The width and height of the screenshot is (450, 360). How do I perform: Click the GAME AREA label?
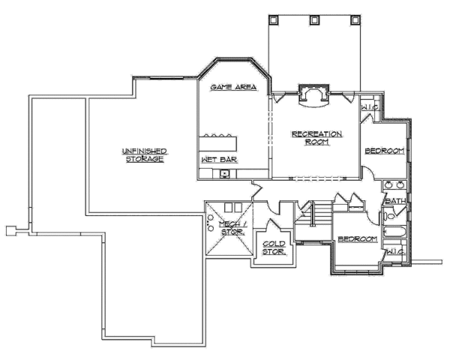pos(233,87)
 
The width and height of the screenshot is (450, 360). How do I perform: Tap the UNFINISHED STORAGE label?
pos(145,155)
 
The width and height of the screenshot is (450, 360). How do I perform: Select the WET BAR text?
pos(220,160)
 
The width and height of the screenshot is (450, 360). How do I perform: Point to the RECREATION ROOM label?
pos(316,138)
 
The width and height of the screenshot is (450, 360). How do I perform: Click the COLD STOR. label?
pos(274,248)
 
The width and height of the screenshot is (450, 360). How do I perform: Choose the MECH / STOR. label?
pos(232,228)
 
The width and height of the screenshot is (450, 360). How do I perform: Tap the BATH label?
pos(395,201)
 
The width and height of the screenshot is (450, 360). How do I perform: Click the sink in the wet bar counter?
pos(224,173)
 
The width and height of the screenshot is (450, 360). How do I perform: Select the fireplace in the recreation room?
pos(313,96)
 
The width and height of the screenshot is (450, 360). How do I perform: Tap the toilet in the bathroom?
pos(388,216)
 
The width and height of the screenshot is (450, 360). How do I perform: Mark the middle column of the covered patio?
pos(314,19)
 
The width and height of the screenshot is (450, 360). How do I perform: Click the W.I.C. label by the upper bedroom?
pos(370,107)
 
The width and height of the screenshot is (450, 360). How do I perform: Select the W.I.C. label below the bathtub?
pos(395,252)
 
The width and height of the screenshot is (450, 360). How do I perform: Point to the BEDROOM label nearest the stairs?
pos(358,238)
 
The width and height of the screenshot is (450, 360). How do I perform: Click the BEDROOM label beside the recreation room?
pos(385,151)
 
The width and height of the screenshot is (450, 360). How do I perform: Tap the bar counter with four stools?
pos(218,143)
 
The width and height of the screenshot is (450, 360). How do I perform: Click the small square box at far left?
pos(10,230)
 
